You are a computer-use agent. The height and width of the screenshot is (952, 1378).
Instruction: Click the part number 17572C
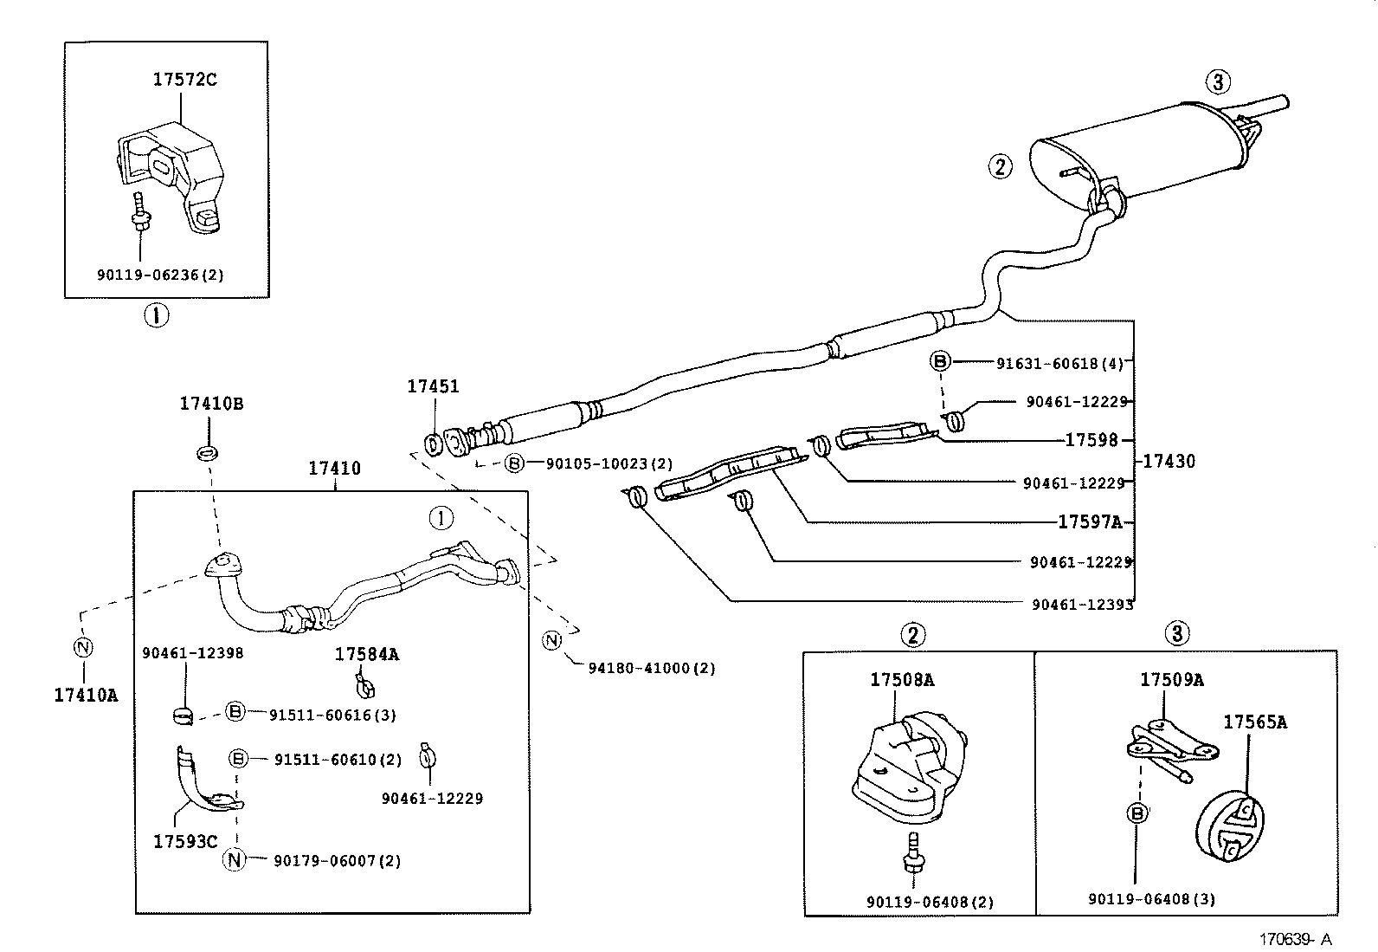click(184, 80)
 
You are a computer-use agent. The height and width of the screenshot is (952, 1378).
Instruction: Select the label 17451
click(433, 387)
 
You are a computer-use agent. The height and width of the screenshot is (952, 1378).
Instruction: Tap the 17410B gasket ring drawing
click(208, 451)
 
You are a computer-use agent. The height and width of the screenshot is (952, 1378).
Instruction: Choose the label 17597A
click(1089, 521)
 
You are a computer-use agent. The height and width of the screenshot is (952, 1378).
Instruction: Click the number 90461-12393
click(1082, 605)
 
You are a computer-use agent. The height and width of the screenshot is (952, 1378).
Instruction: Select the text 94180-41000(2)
click(651, 669)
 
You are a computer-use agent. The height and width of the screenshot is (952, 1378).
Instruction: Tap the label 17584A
click(366, 655)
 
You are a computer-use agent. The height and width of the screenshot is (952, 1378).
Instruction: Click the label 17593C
click(185, 841)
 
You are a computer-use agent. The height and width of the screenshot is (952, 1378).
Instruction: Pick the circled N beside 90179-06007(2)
click(235, 860)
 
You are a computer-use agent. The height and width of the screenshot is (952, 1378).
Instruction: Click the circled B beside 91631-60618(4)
click(941, 362)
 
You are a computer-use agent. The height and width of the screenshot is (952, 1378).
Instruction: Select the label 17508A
click(902, 680)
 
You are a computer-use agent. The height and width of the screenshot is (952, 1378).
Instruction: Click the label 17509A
click(1171, 680)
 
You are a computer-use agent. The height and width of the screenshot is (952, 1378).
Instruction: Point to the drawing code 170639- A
click(1295, 939)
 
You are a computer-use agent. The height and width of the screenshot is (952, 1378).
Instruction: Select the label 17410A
click(85, 694)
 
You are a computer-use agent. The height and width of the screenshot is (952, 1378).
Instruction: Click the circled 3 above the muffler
click(1217, 82)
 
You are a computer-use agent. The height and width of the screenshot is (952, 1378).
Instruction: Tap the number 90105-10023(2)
click(609, 464)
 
